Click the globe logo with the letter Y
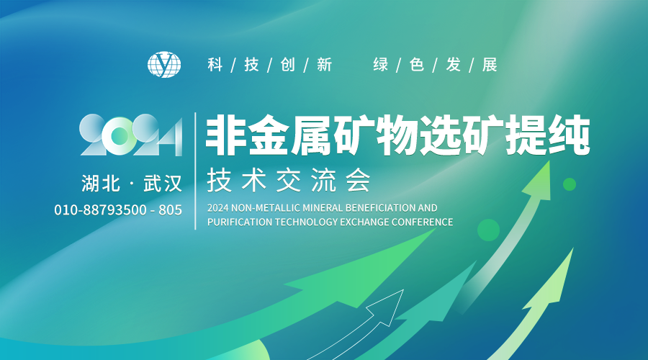(x=164, y=65)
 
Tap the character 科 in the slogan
(x=215, y=65)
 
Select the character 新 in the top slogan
(x=325, y=65)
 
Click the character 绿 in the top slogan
(x=381, y=65)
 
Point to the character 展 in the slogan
(x=490, y=65)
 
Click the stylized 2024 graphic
(x=130, y=135)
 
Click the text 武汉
(x=163, y=184)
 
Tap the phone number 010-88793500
(x=100, y=210)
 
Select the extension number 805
(x=170, y=210)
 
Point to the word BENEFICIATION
(x=375, y=207)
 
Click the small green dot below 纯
(x=570, y=184)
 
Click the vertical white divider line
(x=195, y=171)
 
